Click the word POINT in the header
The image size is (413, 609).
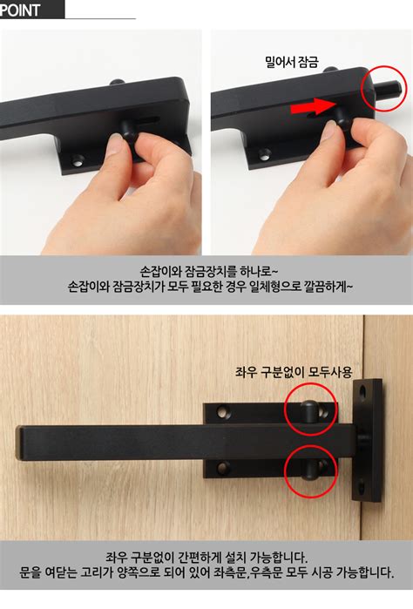20,10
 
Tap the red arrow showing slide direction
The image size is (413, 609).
313,107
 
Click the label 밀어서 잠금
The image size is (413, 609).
291,61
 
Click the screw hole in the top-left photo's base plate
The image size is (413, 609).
78,160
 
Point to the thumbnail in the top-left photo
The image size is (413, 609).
115,144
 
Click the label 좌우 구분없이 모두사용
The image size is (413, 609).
294,372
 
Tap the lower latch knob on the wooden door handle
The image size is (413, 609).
309,470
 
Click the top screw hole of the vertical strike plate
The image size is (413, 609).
363,391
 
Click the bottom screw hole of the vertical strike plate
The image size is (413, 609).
362,485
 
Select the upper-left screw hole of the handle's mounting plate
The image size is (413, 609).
223,412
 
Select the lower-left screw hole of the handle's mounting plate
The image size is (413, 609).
223,468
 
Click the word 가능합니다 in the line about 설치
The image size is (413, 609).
279,558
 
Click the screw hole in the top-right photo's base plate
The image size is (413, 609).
266,154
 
